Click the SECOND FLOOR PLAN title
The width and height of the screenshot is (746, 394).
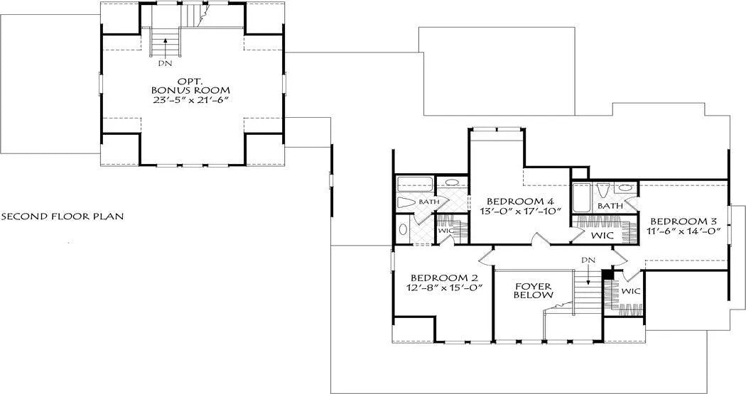(x=63, y=217)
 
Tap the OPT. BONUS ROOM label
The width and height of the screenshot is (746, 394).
(x=190, y=86)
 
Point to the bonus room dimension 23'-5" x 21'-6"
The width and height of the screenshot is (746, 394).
(x=191, y=101)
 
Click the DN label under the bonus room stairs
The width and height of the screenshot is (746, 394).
(x=166, y=62)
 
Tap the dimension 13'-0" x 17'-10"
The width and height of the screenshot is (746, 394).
(x=521, y=211)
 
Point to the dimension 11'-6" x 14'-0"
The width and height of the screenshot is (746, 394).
(x=681, y=231)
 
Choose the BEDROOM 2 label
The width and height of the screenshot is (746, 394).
(x=444, y=278)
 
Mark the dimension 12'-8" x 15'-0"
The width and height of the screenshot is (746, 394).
(x=445, y=288)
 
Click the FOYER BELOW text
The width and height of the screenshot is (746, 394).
(x=534, y=291)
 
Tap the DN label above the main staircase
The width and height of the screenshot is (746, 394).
(x=588, y=260)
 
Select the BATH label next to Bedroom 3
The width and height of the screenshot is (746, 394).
(x=610, y=207)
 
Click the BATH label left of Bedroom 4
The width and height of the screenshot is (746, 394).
(x=429, y=202)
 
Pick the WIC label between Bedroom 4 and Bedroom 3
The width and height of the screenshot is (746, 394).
(x=602, y=235)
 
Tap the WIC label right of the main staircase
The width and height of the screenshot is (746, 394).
(x=631, y=291)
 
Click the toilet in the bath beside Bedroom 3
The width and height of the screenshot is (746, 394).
(x=603, y=191)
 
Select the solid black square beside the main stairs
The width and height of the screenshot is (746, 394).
(x=607, y=275)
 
